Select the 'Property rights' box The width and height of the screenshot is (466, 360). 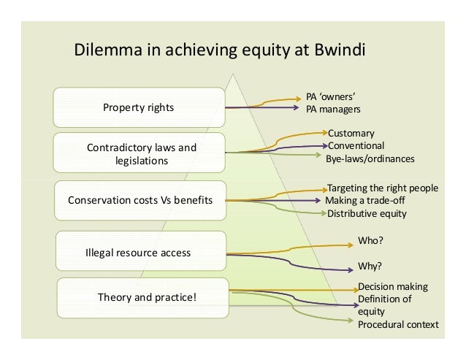point(138,107)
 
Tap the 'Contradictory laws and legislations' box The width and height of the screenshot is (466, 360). point(142,153)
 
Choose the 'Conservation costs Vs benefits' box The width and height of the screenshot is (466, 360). point(140,199)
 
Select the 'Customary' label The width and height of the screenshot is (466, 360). point(351,134)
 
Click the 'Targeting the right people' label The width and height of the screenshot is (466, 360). point(382,188)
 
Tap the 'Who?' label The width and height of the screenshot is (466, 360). point(370,240)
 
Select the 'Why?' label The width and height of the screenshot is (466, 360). point(370,266)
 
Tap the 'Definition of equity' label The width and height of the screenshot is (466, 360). point(384,305)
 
